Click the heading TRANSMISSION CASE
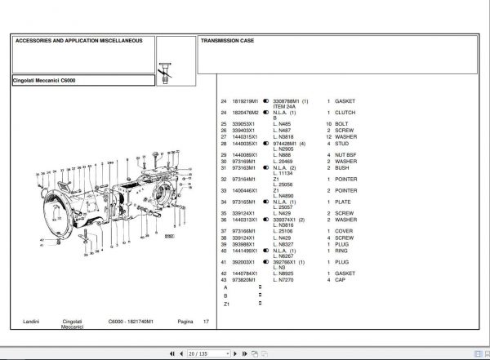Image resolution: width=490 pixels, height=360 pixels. click(x=229, y=40)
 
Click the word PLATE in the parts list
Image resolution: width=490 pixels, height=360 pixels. click(x=343, y=202)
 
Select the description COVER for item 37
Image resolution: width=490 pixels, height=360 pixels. click(x=344, y=231)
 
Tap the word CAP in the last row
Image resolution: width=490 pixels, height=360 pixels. click(x=340, y=280)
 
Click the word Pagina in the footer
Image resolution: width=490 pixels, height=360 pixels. click(x=186, y=322)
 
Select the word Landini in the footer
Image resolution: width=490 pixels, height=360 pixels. click(x=31, y=322)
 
